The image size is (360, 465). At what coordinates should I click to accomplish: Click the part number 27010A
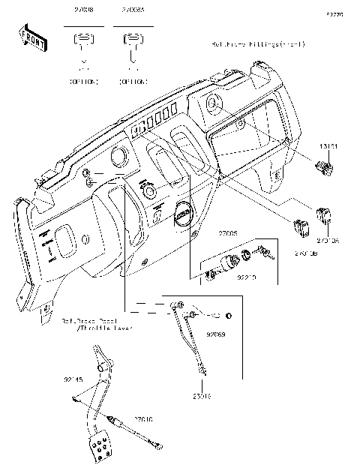coord(328,241)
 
